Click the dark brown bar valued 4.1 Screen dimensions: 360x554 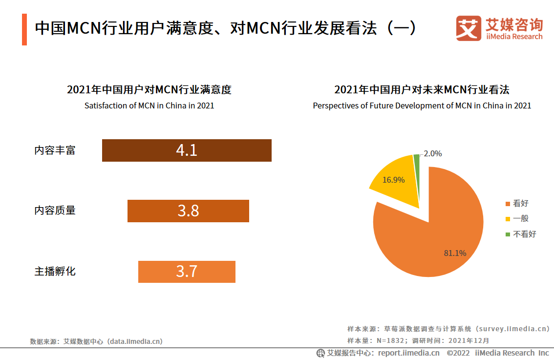click(187, 150)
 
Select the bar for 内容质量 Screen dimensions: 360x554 click(188, 211)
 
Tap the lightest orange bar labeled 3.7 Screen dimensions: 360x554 click(187, 272)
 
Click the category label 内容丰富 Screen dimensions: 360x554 click(55, 150)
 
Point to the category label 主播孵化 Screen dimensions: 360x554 click(55, 272)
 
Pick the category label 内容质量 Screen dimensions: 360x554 click(55, 211)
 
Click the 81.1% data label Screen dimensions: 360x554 click(455, 253)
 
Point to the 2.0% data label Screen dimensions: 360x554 click(432, 153)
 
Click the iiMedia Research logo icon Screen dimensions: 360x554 click(469, 29)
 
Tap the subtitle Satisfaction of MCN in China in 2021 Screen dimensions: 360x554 click(149, 106)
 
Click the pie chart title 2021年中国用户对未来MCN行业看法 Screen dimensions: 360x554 click(422, 90)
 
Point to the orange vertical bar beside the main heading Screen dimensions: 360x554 click(24, 29)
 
